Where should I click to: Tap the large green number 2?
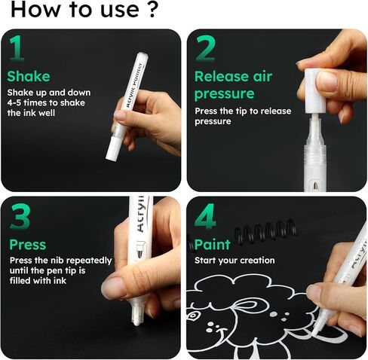[x=206, y=49]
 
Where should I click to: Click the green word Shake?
[x=29, y=76]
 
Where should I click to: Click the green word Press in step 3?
[x=28, y=245]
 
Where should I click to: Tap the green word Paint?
[x=213, y=245]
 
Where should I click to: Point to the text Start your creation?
[x=235, y=261]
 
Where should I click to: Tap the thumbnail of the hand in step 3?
[x=115, y=285]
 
